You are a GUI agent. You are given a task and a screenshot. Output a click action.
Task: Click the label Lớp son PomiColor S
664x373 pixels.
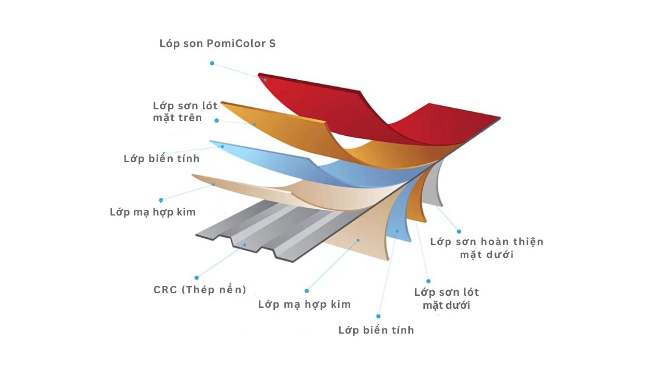tap(217, 44)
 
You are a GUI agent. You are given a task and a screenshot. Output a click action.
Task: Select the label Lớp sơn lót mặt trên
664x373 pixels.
tap(185, 111)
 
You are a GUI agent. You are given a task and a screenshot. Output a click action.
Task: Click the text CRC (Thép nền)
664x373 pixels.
tap(200, 290)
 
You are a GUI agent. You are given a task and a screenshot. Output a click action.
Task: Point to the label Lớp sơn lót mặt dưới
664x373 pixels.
tap(447, 299)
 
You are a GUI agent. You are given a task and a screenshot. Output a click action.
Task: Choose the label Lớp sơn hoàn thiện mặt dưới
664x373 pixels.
tap(487, 248)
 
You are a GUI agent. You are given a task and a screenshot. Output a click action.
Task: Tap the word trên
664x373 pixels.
tap(190, 118)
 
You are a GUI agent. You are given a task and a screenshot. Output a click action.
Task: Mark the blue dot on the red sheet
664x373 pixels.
tap(265, 80)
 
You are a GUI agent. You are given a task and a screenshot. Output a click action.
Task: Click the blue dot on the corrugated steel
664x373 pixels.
tap(244, 245)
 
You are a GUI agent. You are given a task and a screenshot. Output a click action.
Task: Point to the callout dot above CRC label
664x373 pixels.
tap(197, 278)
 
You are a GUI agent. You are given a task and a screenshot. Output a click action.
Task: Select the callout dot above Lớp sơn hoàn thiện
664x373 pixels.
tap(459, 232)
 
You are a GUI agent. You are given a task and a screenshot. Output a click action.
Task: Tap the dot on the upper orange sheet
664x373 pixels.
tap(255, 125)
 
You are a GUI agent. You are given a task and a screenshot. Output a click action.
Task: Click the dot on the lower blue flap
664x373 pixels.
tap(397, 231)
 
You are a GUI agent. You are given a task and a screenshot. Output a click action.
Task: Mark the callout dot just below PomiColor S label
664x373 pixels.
tap(212, 63)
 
